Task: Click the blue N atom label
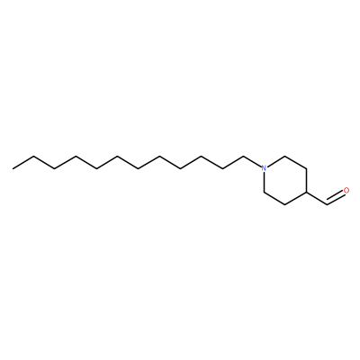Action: [264, 168]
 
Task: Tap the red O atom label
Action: [346, 191]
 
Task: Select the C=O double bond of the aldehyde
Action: [336, 198]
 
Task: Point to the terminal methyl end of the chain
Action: [13, 168]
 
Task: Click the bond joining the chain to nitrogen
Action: [252, 162]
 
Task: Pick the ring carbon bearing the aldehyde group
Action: [306, 193]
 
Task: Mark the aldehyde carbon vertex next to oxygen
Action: [327, 204]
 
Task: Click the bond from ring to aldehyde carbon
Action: [316, 199]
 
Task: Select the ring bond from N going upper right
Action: [275, 161]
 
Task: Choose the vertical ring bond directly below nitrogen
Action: [264, 182]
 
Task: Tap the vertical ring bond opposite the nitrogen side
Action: [306, 181]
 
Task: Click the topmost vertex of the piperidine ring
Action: [284, 157]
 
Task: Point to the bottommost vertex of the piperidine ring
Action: [284, 205]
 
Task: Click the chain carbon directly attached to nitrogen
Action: [243, 157]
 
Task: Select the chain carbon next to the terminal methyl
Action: [34, 157]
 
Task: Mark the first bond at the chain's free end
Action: [23, 162]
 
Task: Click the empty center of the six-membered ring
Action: [284, 181]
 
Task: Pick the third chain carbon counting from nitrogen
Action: [201, 157]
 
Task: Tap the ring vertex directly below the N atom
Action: [264, 193]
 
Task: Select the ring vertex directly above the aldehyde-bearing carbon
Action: [306, 168]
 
